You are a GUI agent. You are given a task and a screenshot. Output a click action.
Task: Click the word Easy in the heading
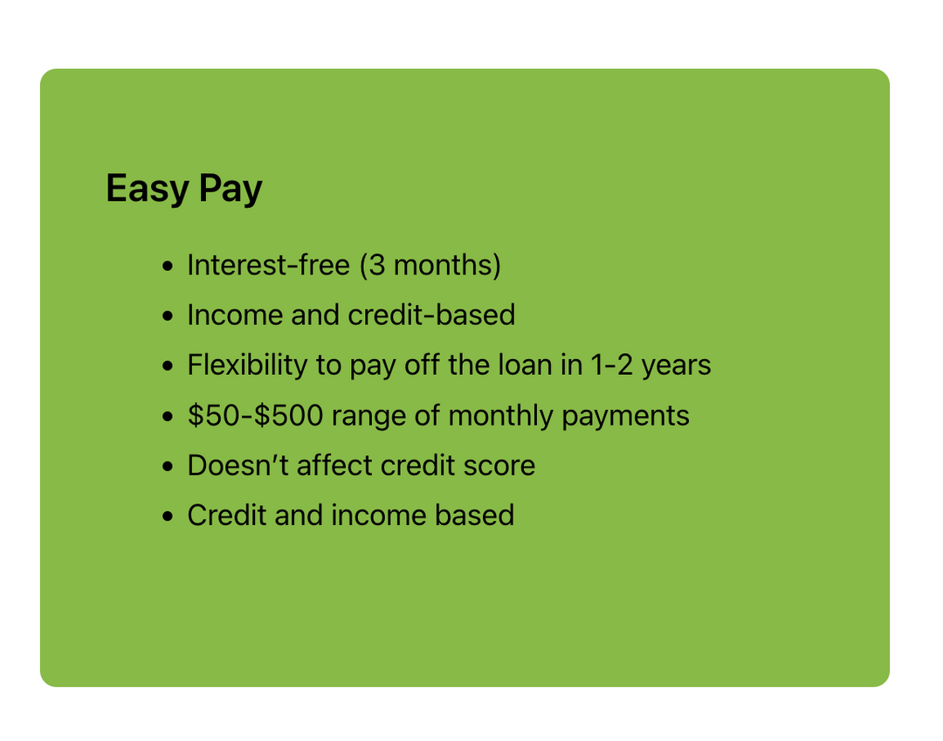coord(148,189)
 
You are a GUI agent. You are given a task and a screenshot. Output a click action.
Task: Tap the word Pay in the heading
coord(231,189)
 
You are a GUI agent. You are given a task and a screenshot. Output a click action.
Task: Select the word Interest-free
coord(268,265)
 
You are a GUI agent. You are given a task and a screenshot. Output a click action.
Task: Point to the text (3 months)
coord(430,266)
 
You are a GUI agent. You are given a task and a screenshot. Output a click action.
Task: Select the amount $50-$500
coord(256,415)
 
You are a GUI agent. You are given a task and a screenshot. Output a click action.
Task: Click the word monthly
coord(500,416)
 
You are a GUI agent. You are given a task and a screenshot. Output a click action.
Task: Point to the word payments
coord(625,417)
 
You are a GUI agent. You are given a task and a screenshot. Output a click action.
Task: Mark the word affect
coord(334,465)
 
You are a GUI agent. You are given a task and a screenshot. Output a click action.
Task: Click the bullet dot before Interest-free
coord(168,266)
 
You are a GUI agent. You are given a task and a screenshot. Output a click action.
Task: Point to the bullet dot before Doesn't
coord(168,467)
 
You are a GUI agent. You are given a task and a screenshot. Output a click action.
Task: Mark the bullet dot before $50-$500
coord(168,417)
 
